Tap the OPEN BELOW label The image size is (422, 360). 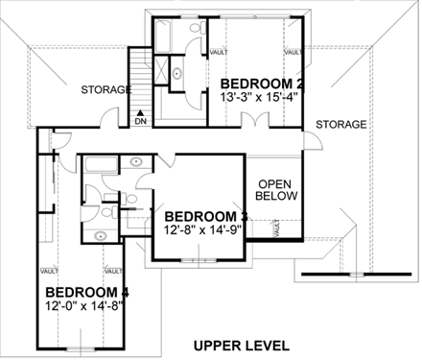tap(276, 189)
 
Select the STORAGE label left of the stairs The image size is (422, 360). tap(105, 90)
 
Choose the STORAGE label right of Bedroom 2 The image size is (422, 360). tap(340, 125)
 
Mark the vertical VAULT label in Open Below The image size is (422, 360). tap(277, 228)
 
